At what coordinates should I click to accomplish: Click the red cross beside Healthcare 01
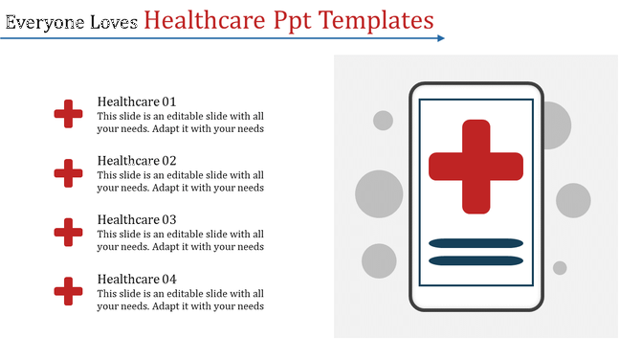(68, 114)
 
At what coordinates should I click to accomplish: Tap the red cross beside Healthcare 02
(68, 173)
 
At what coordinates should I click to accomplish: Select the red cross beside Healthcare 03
(68, 232)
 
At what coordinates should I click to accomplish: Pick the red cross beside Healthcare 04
(68, 291)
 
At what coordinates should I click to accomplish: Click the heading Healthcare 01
(137, 101)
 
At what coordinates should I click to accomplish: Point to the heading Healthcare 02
(137, 161)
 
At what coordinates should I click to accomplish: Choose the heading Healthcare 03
(137, 219)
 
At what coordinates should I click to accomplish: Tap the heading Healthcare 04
(137, 279)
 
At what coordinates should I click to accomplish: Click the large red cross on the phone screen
(475, 166)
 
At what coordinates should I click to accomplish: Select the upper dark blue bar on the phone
(475, 243)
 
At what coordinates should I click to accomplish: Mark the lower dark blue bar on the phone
(475, 260)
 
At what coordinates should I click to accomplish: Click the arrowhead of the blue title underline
(440, 38)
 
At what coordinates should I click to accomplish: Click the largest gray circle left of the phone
(379, 194)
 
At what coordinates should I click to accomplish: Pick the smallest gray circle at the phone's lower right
(560, 268)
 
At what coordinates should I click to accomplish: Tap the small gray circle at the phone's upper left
(383, 121)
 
